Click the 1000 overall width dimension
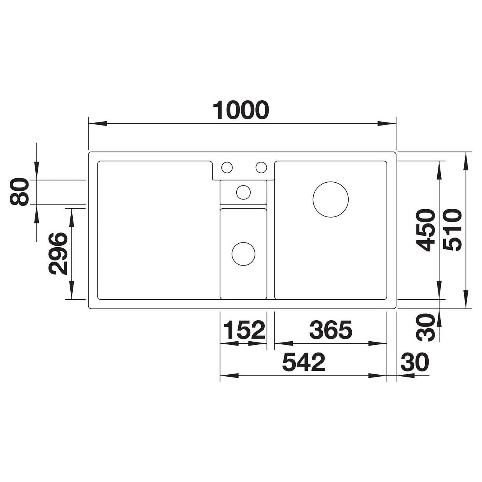241,110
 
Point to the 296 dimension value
58,253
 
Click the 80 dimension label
19,192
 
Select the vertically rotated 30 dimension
426,327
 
